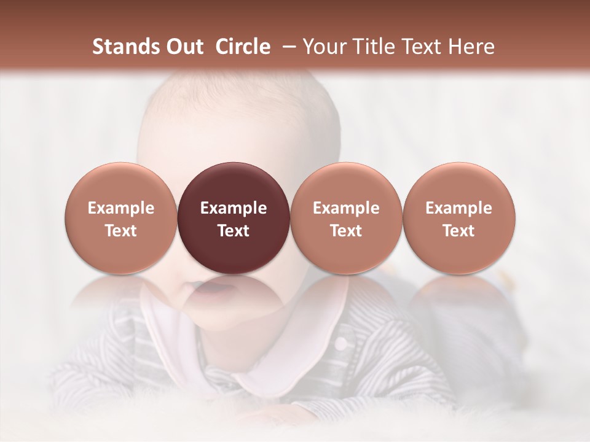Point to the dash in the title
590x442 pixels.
point(286,47)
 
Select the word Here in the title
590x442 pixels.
point(471,47)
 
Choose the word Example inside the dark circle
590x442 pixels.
point(233,208)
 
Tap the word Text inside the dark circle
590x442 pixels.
point(233,231)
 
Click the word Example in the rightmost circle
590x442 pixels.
point(458,208)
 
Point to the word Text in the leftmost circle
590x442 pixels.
point(120,231)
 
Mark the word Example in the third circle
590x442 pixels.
point(346,208)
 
